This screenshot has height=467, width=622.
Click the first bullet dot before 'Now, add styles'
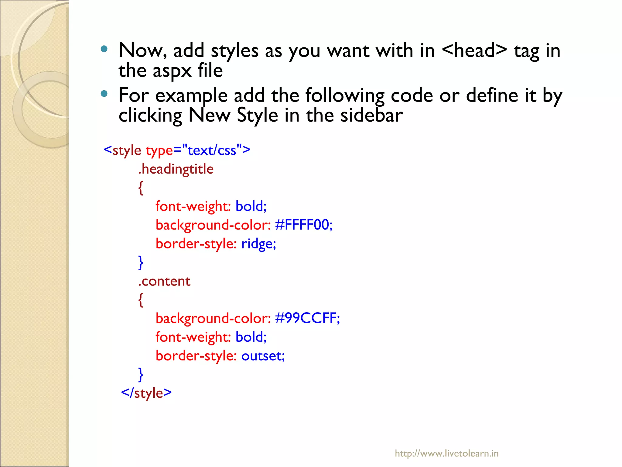104,49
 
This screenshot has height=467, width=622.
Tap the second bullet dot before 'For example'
104,94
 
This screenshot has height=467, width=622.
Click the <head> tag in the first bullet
474,50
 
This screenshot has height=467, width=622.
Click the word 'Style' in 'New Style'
257,116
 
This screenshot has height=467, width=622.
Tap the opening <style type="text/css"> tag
177,150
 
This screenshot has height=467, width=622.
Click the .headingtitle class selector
176,169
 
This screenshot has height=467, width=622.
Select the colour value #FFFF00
303,225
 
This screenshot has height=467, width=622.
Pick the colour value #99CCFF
307,318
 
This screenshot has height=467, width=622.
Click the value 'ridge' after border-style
258,244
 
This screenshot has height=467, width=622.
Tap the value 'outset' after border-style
263,356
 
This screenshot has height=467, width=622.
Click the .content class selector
164,281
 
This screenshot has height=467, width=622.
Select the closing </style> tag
146,393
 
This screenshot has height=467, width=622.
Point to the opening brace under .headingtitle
141,188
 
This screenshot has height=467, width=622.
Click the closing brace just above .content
141,262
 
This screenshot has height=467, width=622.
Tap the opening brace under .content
141,300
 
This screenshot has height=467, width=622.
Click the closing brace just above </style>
141,374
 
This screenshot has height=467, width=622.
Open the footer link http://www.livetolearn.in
446,453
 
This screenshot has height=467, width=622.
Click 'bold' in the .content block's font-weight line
251,337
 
